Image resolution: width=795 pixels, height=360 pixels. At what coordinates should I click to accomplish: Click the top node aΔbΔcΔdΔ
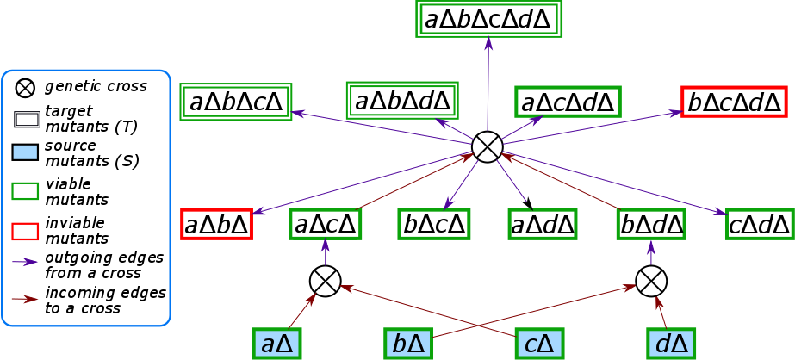coord(488,18)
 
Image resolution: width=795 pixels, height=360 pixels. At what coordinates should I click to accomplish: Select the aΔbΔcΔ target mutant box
coord(236,102)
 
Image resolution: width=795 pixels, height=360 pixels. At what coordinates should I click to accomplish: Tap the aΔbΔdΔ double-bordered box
coord(402,101)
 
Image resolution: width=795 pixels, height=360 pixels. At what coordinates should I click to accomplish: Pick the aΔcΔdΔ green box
coord(568,102)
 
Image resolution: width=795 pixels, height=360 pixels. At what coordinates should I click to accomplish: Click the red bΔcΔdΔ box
coord(734,102)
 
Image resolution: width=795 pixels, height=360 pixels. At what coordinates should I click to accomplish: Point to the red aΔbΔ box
coord(216,224)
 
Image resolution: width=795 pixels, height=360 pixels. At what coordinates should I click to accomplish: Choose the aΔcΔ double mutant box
coord(325,224)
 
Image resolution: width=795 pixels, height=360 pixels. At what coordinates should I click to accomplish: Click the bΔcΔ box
coord(434,224)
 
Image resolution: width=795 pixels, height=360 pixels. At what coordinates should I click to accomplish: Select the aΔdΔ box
coord(543,224)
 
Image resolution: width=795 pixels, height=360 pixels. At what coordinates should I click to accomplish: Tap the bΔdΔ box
coord(651,224)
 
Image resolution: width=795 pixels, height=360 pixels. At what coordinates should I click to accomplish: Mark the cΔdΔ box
coord(760,224)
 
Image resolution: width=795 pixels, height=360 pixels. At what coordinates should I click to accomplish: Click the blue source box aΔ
coord(277,343)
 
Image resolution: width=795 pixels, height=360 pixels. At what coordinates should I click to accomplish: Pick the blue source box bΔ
coord(408,343)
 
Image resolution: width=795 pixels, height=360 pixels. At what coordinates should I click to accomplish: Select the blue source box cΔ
coord(539,343)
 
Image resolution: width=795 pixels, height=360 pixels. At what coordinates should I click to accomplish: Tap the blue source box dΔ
coord(671,343)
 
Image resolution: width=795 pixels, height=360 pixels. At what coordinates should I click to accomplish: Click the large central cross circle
coord(488,146)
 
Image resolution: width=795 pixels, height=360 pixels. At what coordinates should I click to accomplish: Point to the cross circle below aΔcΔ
coord(325,280)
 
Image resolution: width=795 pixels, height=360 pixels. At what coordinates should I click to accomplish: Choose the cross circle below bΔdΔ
coord(651,280)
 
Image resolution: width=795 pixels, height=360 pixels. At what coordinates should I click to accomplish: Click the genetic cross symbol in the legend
coord(26,86)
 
